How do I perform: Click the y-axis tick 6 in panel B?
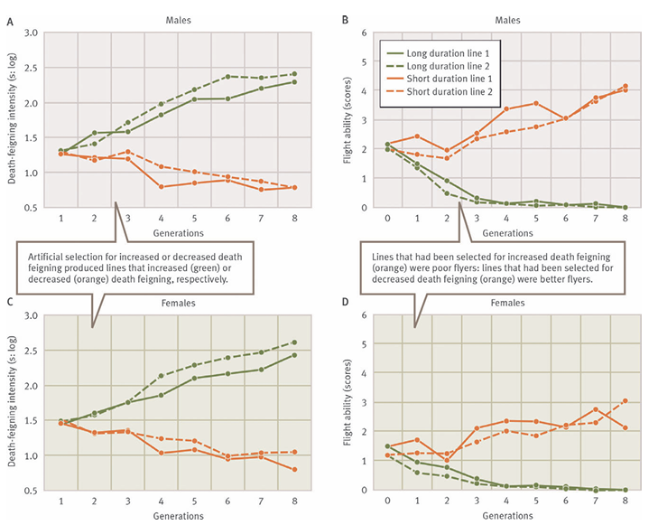click(364, 33)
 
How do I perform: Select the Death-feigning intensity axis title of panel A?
click(13, 119)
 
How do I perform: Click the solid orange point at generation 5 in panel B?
click(536, 103)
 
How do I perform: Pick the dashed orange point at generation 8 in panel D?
click(625, 400)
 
